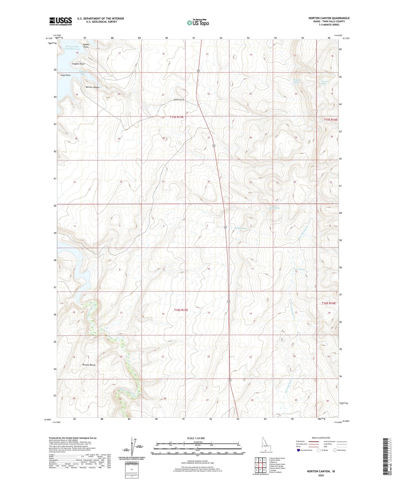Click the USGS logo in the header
click(60, 21)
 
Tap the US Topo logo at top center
click(198, 23)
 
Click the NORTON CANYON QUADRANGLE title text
click(329, 18)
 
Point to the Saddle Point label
click(86, 46)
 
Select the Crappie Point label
click(78, 64)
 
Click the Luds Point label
click(66, 75)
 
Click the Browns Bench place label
click(89, 365)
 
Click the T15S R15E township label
click(177, 117)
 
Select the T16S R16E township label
click(329, 303)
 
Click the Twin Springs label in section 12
click(300, 269)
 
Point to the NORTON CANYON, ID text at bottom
click(321, 471)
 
